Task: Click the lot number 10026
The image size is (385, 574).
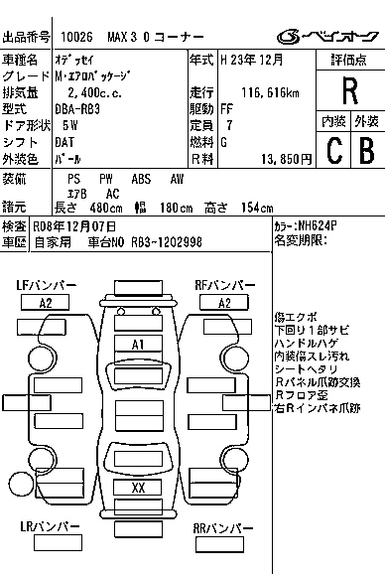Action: coord(76,37)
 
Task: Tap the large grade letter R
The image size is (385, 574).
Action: coord(350,90)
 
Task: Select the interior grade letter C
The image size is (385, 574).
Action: coord(334,150)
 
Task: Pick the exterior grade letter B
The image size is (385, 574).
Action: coord(367,150)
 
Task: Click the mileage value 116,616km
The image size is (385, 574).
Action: coord(270,93)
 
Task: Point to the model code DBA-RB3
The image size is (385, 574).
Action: coord(77,109)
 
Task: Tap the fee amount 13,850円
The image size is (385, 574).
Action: coord(287,159)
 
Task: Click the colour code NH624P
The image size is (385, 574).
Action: coord(318,225)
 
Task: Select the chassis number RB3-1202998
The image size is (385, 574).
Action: coord(167,242)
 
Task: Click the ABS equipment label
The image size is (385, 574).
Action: coord(141,179)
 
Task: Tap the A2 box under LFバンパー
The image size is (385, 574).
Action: coord(45,303)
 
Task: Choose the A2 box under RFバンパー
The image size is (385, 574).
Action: coord(224,303)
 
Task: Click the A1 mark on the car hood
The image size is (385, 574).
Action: coord(138,345)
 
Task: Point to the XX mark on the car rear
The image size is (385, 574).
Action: coord(138,488)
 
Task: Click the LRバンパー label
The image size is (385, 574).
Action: coord(50,526)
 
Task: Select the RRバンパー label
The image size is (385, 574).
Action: coord(222,528)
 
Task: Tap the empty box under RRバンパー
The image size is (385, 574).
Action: coord(219,545)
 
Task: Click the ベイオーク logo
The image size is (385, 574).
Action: coord(327,37)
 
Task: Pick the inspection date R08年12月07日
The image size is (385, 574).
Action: coord(74,226)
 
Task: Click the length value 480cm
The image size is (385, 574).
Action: coord(106,208)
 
